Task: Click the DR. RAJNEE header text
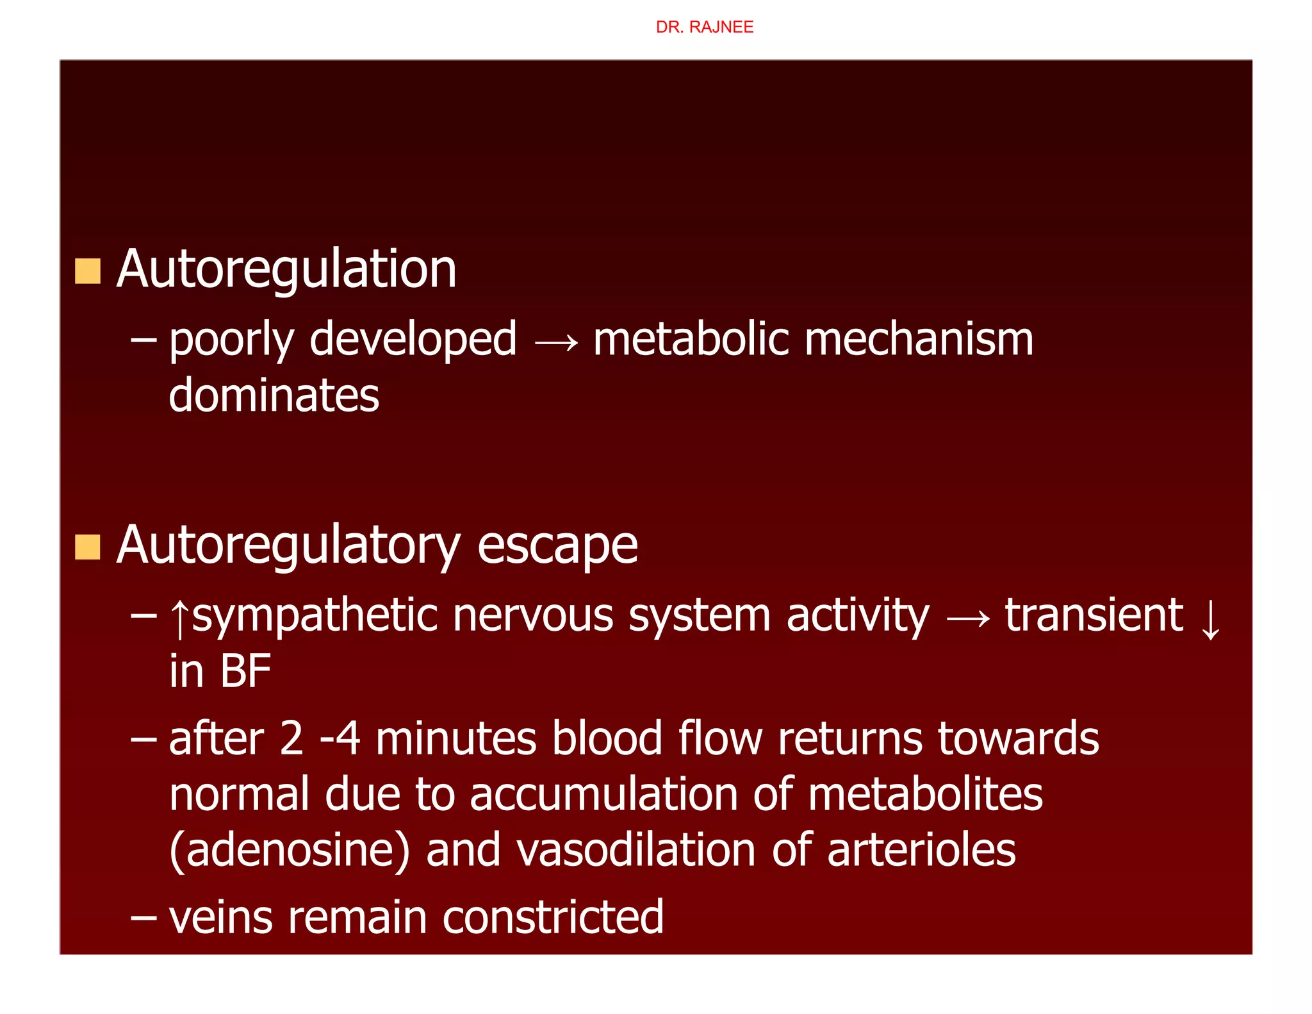point(704,27)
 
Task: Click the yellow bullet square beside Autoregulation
point(88,271)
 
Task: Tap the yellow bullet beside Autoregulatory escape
point(88,547)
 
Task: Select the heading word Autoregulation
point(286,269)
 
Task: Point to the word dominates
point(274,395)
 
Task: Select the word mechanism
point(919,339)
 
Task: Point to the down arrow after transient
point(1210,619)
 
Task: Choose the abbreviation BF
point(245,671)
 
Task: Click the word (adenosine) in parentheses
point(290,851)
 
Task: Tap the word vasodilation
point(636,850)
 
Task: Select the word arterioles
point(921,850)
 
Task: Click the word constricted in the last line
point(553,917)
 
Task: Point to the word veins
point(221,917)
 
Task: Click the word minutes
point(455,738)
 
